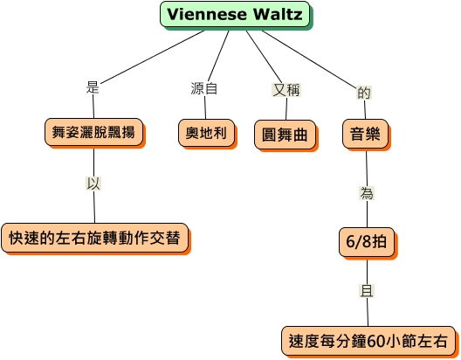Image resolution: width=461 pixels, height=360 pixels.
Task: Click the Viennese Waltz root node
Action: (235, 14)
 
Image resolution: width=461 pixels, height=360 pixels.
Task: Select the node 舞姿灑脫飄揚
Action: (93, 132)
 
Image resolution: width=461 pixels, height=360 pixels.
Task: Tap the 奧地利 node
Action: (206, 133)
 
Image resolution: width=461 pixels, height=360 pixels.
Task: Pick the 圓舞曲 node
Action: (285, 135)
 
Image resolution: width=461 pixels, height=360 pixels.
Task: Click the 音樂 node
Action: (365, 134)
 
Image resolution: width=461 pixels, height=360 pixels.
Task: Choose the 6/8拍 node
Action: (367, 242)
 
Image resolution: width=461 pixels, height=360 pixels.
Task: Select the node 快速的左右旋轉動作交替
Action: (94, 238)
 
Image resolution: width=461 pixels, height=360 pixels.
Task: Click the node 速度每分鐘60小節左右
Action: (368, 341)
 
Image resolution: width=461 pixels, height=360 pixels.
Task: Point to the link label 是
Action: (93, 87)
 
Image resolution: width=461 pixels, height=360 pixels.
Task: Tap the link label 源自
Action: (204, 88)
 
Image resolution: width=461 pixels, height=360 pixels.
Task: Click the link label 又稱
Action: (286, 90)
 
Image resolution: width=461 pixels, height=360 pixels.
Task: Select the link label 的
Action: (364, 93)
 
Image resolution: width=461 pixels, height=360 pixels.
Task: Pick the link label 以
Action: (93, 183)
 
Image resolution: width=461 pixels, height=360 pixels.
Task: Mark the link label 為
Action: (367, 193)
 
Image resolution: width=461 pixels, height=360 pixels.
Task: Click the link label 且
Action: (367, 291)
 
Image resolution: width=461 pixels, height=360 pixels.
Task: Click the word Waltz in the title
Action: (278, 14)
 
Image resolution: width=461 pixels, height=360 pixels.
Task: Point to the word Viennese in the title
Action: (207, 14)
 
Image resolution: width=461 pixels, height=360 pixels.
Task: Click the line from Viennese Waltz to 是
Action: (152, 57)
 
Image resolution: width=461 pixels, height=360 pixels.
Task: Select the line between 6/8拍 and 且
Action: (367, 272)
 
